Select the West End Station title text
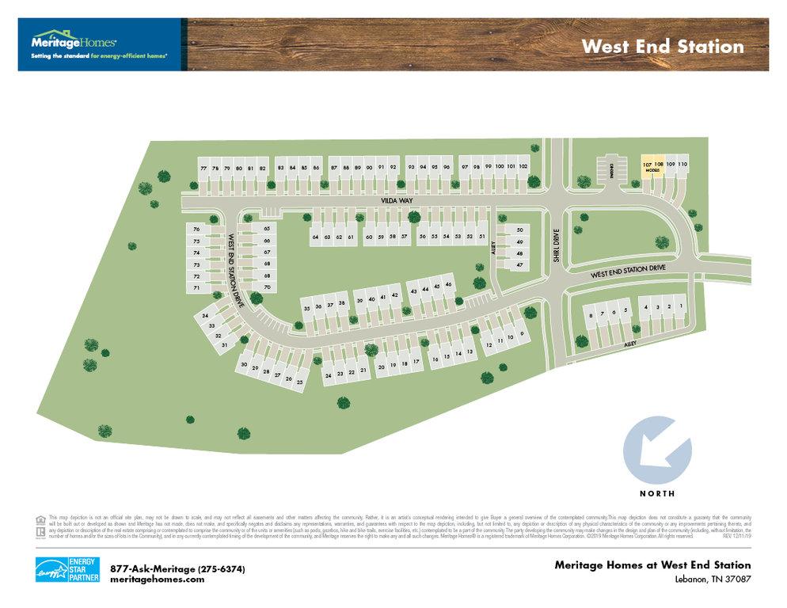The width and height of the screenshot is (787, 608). coord(662,46)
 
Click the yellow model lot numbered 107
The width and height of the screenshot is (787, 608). coord(646,165)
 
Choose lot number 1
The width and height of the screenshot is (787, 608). coord(681,306)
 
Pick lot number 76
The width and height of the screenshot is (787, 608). coord(196,230)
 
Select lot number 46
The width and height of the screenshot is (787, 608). coord(448,285)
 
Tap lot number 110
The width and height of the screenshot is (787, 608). coord(682,164)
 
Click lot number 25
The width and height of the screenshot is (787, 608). coord(299,382)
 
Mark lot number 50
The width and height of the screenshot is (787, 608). coord(520,230)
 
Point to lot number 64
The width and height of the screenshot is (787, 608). coord(315,237)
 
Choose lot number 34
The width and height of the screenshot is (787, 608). coord(205,316)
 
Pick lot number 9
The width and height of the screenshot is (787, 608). coord(523,334)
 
